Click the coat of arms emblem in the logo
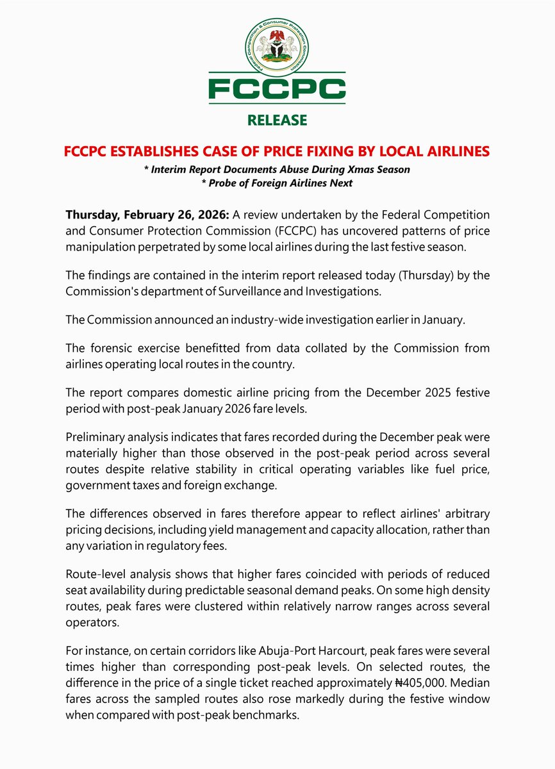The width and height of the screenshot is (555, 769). point(277,47)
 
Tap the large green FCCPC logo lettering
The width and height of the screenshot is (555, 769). point(277,89)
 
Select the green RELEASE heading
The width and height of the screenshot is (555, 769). point(277,120)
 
